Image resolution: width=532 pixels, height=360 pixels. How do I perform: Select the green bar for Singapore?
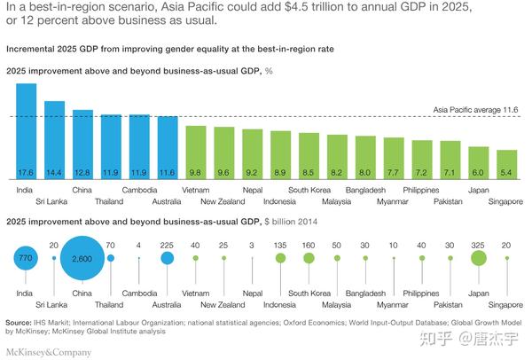(x=506, y=164)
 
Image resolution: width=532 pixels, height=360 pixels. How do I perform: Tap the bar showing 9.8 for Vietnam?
(x=196, y=153)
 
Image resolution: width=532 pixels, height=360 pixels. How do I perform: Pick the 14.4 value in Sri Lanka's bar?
(x=55, y=171)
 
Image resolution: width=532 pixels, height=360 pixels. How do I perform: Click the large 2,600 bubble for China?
(x=83, y=259)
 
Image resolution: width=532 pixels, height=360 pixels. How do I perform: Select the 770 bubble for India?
(x=26, y=259)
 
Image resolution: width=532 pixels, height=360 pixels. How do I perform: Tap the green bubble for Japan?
(x=479, y=259)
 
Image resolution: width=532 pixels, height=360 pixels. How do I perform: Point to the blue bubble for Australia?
(x=167, y=259)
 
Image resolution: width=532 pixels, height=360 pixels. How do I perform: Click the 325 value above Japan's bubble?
(x=479, y=244)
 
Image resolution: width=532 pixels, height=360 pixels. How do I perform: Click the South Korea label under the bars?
(x=309, y=190)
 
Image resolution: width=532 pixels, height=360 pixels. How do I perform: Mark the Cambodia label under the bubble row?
(x=139, y=293)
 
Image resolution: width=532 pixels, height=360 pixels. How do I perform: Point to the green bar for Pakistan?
(x=450, y=160)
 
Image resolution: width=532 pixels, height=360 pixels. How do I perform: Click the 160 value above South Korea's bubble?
(x=309, y=244)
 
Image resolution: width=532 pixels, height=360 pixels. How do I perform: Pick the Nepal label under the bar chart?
(x=253, y=190)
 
